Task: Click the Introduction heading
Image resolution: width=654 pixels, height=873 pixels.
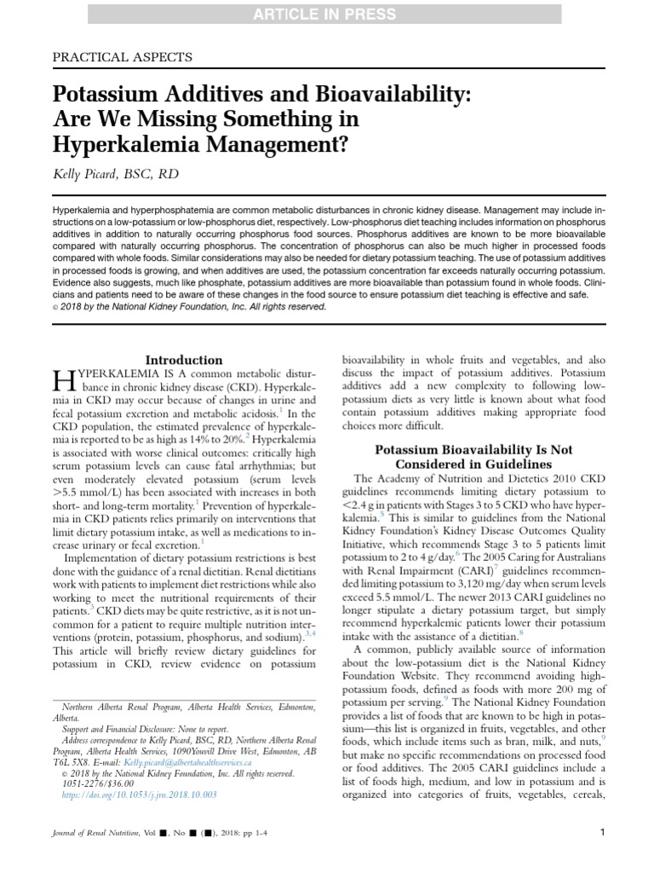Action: tap(184, 360)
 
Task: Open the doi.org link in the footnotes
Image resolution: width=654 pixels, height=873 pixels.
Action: tap(140, 795)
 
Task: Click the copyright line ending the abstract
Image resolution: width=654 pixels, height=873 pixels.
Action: tap(186, 307)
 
